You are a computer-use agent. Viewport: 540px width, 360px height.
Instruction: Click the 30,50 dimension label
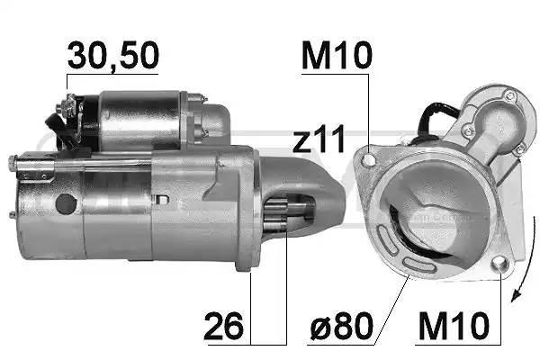(x=113, y=56)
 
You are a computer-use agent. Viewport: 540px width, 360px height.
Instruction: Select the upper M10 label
(x=337, y=55)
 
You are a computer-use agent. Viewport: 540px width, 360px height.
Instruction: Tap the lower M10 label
(x=454, y=326)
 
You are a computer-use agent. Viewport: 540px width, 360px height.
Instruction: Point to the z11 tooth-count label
(x=319, y=139)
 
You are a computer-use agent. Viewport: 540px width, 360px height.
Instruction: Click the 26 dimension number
(x=223, y=326)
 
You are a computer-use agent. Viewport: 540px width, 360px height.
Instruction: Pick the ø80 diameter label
(x=342, y=326)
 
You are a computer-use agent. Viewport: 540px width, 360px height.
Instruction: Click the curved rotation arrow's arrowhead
(x=516, y=295)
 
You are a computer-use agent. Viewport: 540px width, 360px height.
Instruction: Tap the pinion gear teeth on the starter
(x=275, y=215)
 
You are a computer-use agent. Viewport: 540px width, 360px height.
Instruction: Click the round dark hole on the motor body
(x=66, y=204)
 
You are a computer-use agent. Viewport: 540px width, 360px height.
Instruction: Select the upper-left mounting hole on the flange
(x=369, y=159)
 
